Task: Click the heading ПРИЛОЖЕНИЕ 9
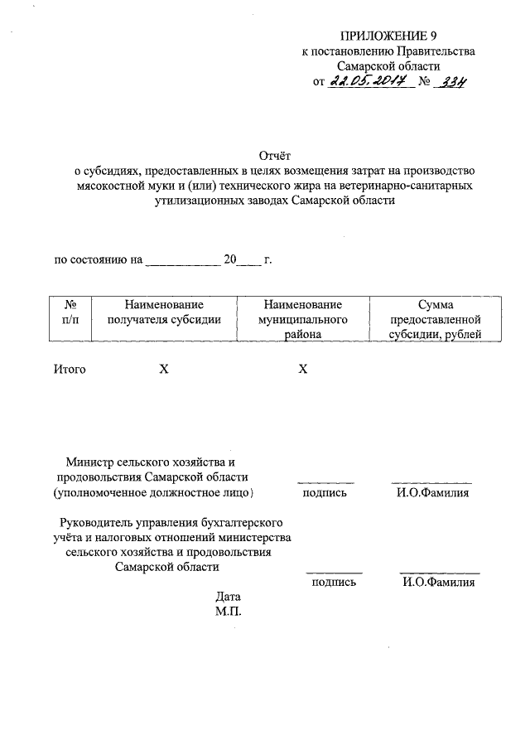(388, 36)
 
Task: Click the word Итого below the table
(70, 369)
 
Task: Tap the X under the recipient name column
(164, 369)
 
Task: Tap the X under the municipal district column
(302, 369)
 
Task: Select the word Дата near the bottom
(228, 596)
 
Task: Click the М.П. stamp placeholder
(228, 612)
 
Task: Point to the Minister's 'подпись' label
(324, 493)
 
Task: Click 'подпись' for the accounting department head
(334, 583)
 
